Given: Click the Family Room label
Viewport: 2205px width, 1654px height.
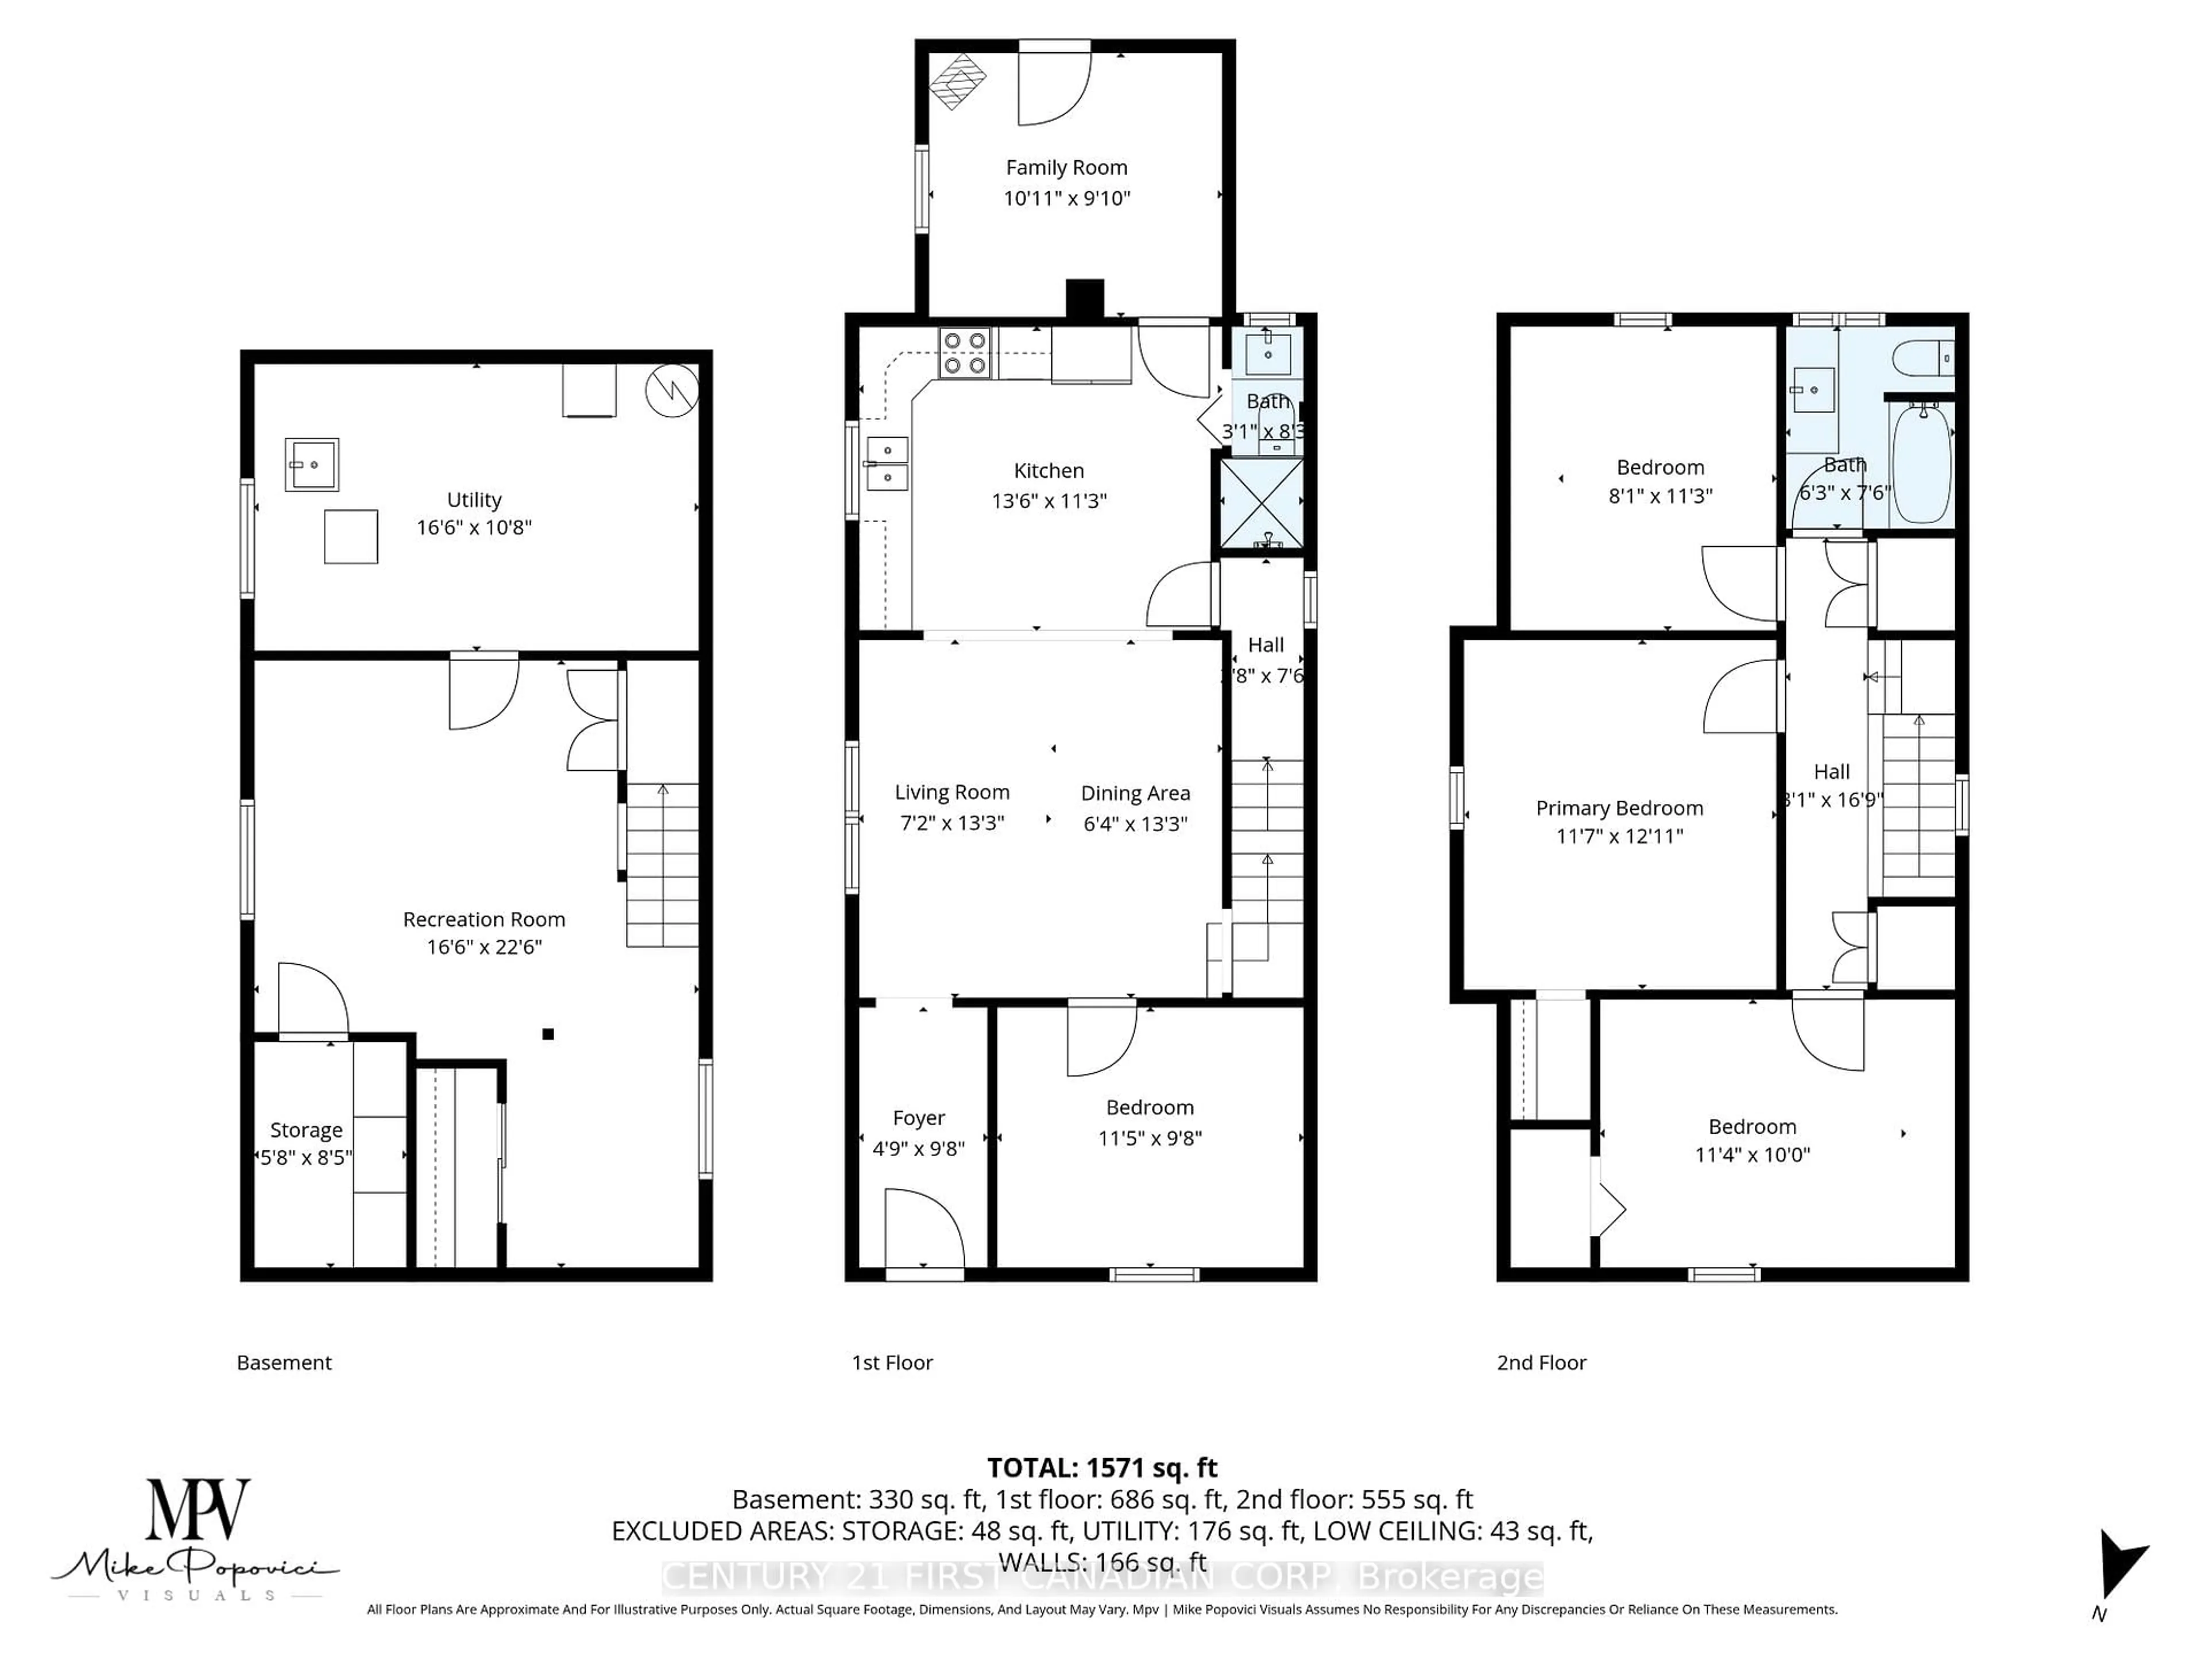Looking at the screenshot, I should click(1066, 168).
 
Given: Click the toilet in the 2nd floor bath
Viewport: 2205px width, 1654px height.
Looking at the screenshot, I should click(1921, 357).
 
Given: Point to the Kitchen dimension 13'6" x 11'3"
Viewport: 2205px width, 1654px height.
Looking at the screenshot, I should click(1049, 500).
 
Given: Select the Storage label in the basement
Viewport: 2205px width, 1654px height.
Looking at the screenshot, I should click(306, 1130).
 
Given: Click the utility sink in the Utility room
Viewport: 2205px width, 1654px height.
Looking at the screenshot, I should click(311, 465).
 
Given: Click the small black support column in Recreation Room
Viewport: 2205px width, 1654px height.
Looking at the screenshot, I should click(547, 1034).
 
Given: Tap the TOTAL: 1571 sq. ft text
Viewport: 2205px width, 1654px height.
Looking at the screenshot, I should click(1101, 1467).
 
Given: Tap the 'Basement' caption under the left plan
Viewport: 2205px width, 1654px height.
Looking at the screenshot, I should click(284, 1362).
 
